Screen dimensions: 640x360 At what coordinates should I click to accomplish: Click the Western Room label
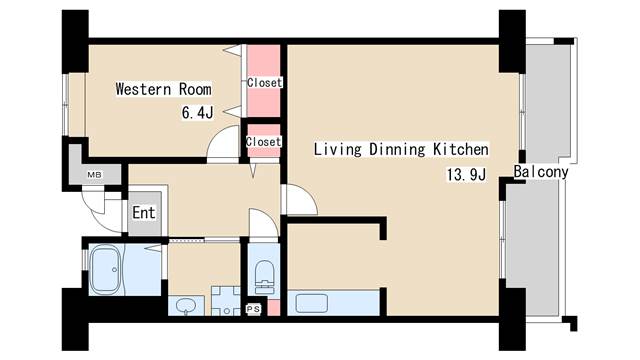tap(164, 89)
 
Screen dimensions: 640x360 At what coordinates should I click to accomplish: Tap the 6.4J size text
tap(198, 112)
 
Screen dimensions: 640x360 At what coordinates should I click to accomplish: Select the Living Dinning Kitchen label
tap(401, 149)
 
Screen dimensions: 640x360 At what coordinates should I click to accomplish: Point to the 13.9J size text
tap(467, 175)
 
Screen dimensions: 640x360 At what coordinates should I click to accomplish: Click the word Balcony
tap(541, 172)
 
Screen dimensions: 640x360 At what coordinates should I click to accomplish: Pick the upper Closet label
tap(264, 83)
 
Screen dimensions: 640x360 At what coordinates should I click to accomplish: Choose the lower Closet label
tap(264, 142)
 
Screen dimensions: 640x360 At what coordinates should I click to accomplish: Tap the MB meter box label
tap(94, 175)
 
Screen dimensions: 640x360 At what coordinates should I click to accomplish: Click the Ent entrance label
tap(144, 213)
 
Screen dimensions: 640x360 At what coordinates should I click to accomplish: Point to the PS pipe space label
tap(253, 309)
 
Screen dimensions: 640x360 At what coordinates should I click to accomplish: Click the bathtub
tap(105, 269)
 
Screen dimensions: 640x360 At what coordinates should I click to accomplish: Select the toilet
tap(264, 277)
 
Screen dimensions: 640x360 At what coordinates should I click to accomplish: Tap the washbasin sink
tap(186, 305)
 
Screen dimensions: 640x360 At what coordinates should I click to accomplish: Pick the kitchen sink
tap(312, 303)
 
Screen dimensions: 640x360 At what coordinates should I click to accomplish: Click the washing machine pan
tap(226, 301)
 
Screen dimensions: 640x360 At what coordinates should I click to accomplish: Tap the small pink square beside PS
tap(274, 307)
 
